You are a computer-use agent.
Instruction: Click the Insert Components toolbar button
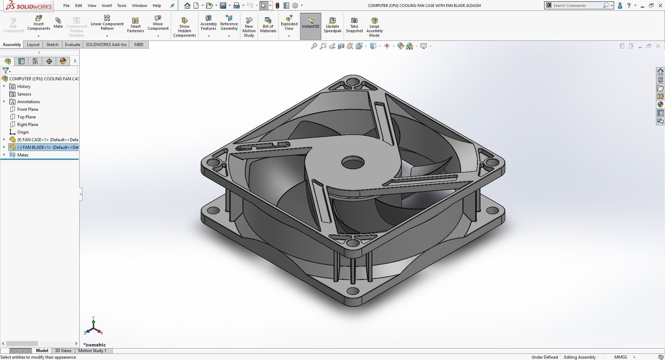(38, 23)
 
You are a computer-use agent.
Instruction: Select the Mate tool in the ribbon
(58, 22)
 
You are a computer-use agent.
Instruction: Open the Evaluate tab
(72, 44)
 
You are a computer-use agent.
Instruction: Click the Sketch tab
(52, 44)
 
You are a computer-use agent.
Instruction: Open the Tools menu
(122, 6)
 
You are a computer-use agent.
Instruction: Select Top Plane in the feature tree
(26, 117)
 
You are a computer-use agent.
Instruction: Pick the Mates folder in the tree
(23, 155)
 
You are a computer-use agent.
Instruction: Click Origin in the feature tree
(23, 132)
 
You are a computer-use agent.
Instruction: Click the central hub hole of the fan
(353, 162)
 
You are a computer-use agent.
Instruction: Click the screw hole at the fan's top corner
(353, 83)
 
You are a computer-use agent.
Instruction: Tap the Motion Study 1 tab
(92, 351)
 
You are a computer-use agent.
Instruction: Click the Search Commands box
(577, 6)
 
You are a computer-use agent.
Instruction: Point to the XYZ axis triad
(94, 326)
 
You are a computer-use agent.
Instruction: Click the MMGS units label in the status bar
(620, 357)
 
